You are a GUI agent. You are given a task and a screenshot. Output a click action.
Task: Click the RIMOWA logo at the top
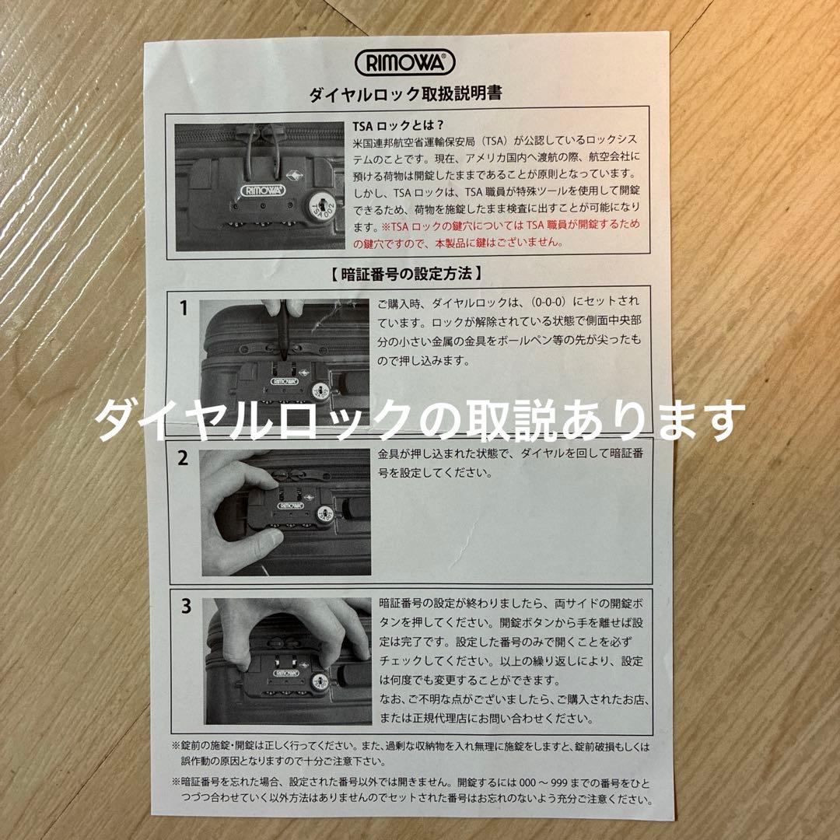point(404,61)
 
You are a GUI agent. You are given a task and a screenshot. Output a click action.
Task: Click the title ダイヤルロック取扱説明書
point(405,94)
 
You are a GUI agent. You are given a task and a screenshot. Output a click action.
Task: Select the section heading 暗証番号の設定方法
point(404,273)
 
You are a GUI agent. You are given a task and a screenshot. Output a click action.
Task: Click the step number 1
point(184,308)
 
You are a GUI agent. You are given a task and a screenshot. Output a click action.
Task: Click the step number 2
point(184,458)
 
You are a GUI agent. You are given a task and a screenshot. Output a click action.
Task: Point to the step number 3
point(186,607)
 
